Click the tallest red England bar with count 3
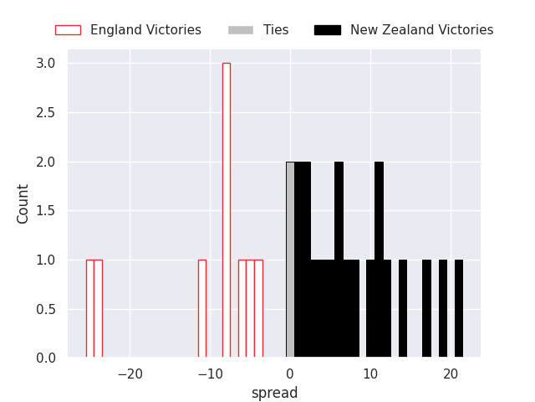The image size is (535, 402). pyautogui.click(x=226, y=209)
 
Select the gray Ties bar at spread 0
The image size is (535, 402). pyautogui.click(x=290, y=260)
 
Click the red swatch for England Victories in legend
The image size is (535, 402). pyautogui.click(x=68, y=30)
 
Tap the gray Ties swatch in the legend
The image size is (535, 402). pyautogui.click(x=241, y=30)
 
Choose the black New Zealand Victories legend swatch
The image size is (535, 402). pyautogui.click(x=328, y=30)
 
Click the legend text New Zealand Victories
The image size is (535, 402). pyautogui.click(x=421, y=30)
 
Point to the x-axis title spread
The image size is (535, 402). pyautogui.click(x=274, y=393)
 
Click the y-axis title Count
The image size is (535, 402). pyautogui.click(x=23, y=204)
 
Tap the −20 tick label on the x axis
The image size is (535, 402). pyautogui.click(x=130, y=374)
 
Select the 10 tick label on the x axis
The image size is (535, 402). pyautogui.click(x=370, y=374)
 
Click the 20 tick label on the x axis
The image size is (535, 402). pyautogui.click(x=451, y=374)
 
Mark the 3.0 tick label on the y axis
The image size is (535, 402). pyautogui.click(x=46, y=64)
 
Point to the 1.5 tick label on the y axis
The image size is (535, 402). pyautogui.click(x=46, y=211)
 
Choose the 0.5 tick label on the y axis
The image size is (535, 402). pyautogui.click(x=46, y=309)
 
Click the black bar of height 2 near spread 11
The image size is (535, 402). pyautogui.click(x=379, y=260)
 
